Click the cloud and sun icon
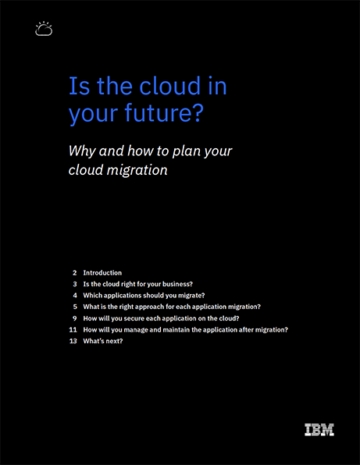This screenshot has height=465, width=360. pyautogui.click(x=44, y=29)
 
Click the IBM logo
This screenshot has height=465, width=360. pyautogui.click(x=319, y=430)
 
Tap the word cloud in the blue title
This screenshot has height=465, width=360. pyautogui.click(x=170, y=86)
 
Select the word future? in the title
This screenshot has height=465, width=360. pyautogui.click(x=164, y=114)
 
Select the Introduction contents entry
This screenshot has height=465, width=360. pyautogui.click(x=102, y=273)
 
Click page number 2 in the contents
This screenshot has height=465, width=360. pyautogui.click(x=75, y=273)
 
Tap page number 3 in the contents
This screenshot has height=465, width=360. pyautogui.click(x=75, y=284)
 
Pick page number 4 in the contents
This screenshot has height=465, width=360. pyautogui.click(x=75, y=296)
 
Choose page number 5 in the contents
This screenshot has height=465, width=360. pyautogui.click(x=75, y=307)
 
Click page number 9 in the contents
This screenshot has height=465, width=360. pyautogui.click(x=75, y=318)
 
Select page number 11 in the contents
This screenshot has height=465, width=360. pyautogui.click(x=73, y=329)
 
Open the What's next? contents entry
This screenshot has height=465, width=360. pyautogui.click(x=102, y=341)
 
